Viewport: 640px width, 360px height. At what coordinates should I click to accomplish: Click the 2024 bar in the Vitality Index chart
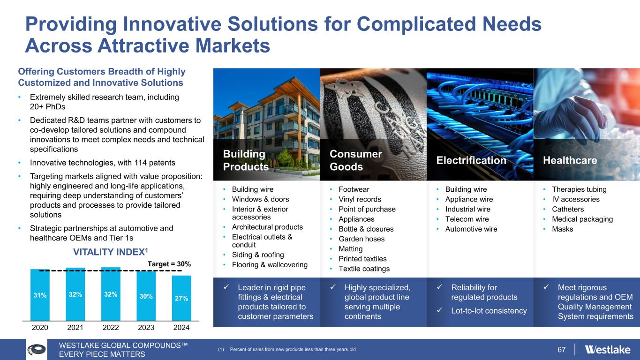pos(181,298)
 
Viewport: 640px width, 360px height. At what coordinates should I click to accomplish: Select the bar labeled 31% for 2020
pos(40,295)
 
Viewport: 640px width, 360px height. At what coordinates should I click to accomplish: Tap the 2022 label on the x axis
pos(111,328)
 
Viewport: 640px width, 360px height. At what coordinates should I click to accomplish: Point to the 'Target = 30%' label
pos(169,264)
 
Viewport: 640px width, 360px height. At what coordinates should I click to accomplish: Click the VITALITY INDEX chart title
pos(111,252)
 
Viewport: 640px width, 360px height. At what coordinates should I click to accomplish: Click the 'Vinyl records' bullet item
pos(360,199)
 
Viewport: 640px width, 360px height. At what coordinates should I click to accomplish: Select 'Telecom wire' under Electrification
pos(467,219)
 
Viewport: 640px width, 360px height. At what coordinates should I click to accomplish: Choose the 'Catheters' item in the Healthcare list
pos(568,209)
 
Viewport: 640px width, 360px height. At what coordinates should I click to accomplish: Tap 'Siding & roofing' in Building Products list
pos(258,255)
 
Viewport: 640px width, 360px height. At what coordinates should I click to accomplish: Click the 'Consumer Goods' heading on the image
pos(356,160)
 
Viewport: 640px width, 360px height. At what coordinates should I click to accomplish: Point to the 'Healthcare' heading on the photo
pos(570,160)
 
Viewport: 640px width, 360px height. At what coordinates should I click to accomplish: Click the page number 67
pos(561,349)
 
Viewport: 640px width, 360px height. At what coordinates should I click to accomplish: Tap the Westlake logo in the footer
pos(608,349)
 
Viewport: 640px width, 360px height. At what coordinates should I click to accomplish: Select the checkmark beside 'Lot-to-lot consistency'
pos(439,310)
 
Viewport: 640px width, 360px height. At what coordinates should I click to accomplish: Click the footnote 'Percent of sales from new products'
pos(293,349)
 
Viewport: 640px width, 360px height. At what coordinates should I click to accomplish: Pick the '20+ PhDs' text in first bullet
pos(47,107)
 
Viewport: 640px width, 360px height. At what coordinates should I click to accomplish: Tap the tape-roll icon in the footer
pos(37,349)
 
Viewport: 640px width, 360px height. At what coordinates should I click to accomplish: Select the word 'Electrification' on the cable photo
pos(471,160)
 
